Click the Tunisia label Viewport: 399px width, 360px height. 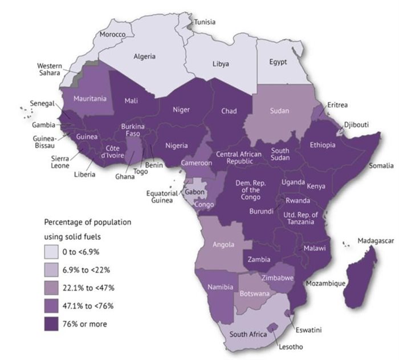(x=205, y=22)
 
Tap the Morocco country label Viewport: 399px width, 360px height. (x=113, y=34)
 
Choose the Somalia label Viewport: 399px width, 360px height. (x=381, y=165)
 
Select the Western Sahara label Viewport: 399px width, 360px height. (x=50, y=70)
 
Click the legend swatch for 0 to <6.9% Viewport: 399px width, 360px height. (x=53, y=252)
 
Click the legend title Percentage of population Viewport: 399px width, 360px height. (x=88, y=221)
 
